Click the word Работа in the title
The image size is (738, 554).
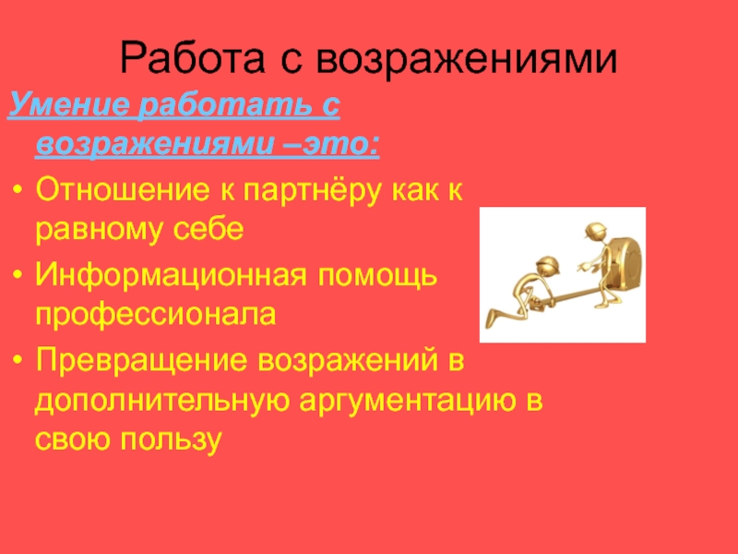[x=193, y=59]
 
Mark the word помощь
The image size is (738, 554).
[x=377, y=277]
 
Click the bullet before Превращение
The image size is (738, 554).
[x=18, y=360]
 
